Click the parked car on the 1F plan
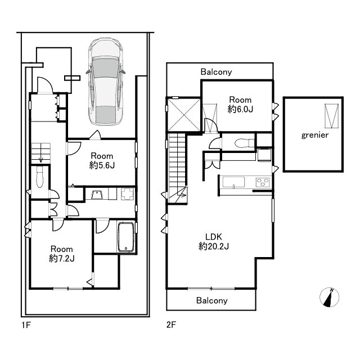tap(106, 82)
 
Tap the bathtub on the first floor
tap(126, 237)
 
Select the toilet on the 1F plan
tap(40, 177)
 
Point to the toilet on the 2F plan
tap(245, 143)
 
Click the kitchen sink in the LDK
tap(233, 182)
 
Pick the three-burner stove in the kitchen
tap(263, 182)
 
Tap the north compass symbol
tap(329, 297)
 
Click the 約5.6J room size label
tap(102, 165)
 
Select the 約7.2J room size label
tap(61, 259)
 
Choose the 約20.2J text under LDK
tap(214, 246)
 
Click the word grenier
tap(315, 135)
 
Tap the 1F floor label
tap(26, 325)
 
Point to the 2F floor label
tap(171, 325)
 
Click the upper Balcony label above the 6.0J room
tap(216, 72)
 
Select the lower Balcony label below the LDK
tap(211, 300)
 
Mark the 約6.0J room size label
tap(240, 109)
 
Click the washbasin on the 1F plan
tap(97, 195)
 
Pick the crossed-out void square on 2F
tap(184, 115)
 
